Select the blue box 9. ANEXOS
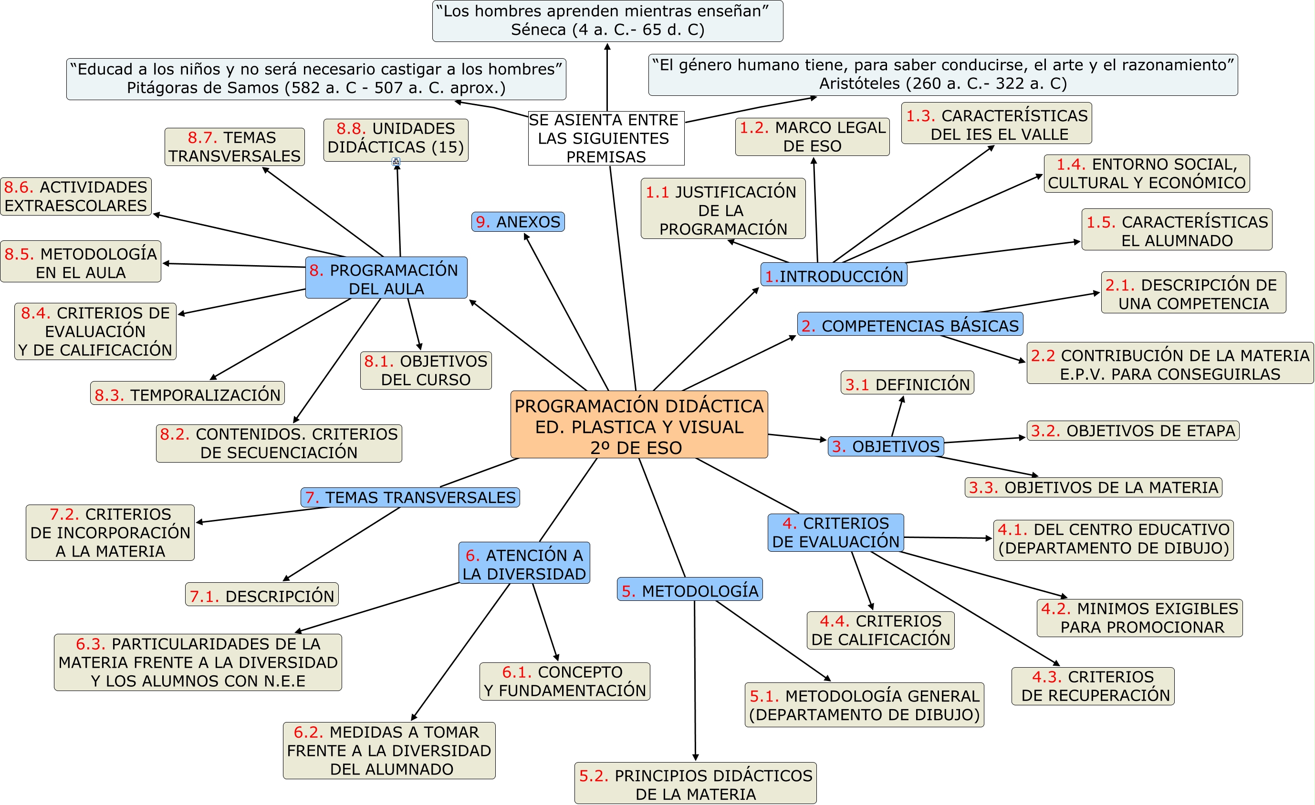tap(518, 221)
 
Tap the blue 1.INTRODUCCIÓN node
tap(834, 275)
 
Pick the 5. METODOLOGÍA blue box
tap(689, 589)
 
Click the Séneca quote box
tap(607, 21)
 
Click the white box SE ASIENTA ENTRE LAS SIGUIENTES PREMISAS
tap(606, 138)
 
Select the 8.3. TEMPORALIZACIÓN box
tap(188, 394)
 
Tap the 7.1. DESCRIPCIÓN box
tap(261, 595)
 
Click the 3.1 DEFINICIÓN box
tap(907, 383)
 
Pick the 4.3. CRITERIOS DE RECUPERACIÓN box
tap(1093, 686)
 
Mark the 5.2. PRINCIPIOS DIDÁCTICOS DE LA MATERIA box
tap(695, 784)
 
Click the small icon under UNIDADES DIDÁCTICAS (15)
tap(396, 162)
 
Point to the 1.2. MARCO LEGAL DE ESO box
tap(812, 137)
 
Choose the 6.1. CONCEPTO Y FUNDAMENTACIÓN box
tap(564, 681)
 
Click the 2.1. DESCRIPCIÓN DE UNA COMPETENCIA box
tap(1193, 293)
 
